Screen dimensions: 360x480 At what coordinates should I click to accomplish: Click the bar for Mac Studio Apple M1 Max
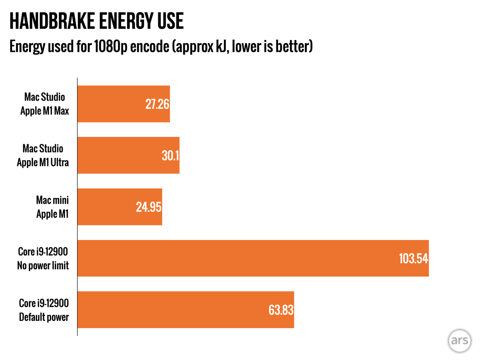tap(123, 104)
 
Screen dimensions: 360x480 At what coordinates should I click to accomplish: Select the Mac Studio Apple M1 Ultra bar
tap(128, 155)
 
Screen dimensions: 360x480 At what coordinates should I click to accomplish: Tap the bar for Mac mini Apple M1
tap(120, 207)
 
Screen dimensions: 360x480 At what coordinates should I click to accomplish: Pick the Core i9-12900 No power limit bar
tap(237, 258)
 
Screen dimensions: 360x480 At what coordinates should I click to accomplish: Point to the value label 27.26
tap(157, 104)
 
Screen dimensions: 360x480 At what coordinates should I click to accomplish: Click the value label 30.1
tap(170, 156)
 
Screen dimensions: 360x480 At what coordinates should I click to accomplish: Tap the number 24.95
tap(149, 207)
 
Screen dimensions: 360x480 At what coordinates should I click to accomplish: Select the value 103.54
tap(413, 258)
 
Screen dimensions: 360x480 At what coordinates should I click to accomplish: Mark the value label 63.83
tap(281, 310)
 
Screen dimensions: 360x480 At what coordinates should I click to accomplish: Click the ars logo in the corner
tap(459, 341)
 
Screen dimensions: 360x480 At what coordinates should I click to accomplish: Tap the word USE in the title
tap(170, 21)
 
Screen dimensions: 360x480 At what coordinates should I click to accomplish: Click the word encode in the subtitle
tap(150, 47)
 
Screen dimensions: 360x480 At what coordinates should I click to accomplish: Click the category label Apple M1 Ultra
tap(43, 162)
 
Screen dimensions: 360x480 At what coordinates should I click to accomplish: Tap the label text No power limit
tap(43, 266)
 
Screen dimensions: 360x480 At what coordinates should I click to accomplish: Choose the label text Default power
tap(44, 317)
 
